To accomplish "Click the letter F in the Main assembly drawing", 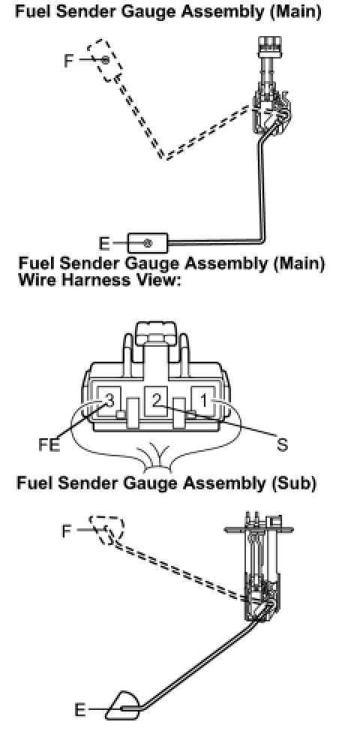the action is pos(69,61).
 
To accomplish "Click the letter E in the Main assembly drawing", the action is pos(103,243).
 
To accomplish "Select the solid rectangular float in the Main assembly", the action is pos(148,243).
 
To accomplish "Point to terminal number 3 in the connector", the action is pos(109,402).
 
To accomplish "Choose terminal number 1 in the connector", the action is pos(203,402).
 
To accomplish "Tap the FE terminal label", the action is pos(49,445).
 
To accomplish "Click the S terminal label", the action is pos(282,444).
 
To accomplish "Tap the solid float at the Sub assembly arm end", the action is pos(124,705).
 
